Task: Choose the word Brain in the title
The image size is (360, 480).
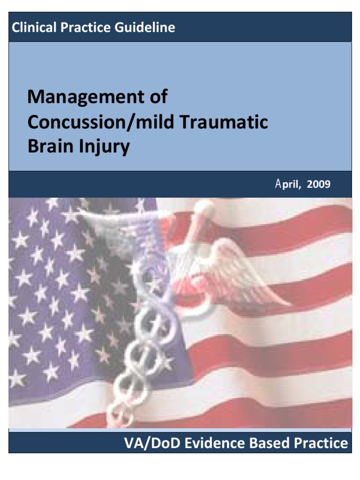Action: [x=48, y=147]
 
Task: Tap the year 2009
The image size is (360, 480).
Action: [x=318, y=184]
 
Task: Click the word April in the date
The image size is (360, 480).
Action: [x=287, y=184]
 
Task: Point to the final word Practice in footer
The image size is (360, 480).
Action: [x=325, y=443]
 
